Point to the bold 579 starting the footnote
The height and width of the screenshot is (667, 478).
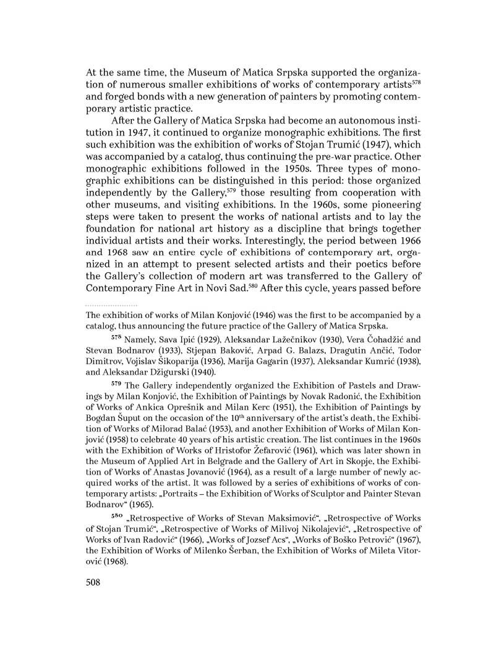pos(117,383)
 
